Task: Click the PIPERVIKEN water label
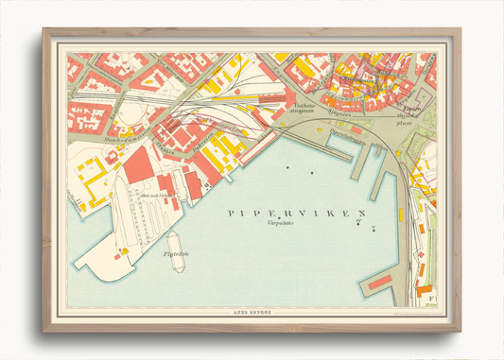(296, 214)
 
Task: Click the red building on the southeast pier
(380, 282)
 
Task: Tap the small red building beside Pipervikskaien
(356, 129)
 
